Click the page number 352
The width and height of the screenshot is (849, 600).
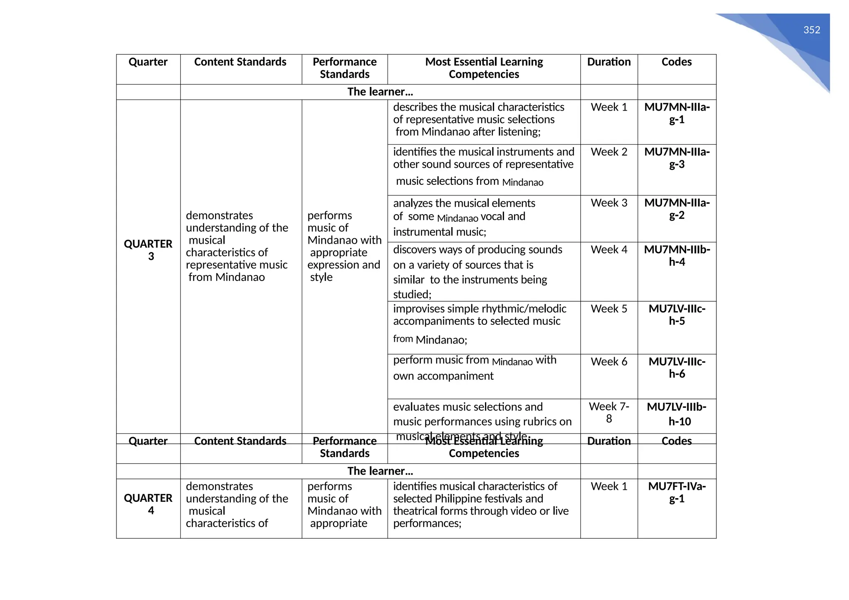(x=811, y=30)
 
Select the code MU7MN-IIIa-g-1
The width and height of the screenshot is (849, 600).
(x=677, y=114)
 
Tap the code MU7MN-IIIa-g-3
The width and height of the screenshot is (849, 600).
(x=677, y=158)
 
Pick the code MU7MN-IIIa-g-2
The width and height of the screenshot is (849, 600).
(x=677, y=209)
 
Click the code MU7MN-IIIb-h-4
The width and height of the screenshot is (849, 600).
(x=677, y=256)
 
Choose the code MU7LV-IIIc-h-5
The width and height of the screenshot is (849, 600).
(x=677, y=315)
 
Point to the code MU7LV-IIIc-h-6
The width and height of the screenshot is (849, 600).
(x=677, y=368)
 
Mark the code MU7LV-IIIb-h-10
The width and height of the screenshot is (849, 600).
(x=677, y=414)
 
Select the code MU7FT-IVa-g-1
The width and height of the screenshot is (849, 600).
(x=677, y=492)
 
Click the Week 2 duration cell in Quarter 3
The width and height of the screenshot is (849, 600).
(x=609, y=152)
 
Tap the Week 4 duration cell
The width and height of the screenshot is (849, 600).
(x=609, y=250)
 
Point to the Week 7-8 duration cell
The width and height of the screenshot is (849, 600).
(x=609, y=413)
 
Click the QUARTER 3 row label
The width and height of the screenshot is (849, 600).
(x=148, y=250)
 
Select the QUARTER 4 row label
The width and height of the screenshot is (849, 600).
(x=148, y=504)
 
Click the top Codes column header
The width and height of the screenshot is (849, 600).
(x=676, y=62)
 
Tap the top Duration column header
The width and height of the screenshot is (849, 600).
(x=609, y=62)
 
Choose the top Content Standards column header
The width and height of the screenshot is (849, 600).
(x=240, y=62)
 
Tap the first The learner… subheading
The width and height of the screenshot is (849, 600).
(x=380, y=92)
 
